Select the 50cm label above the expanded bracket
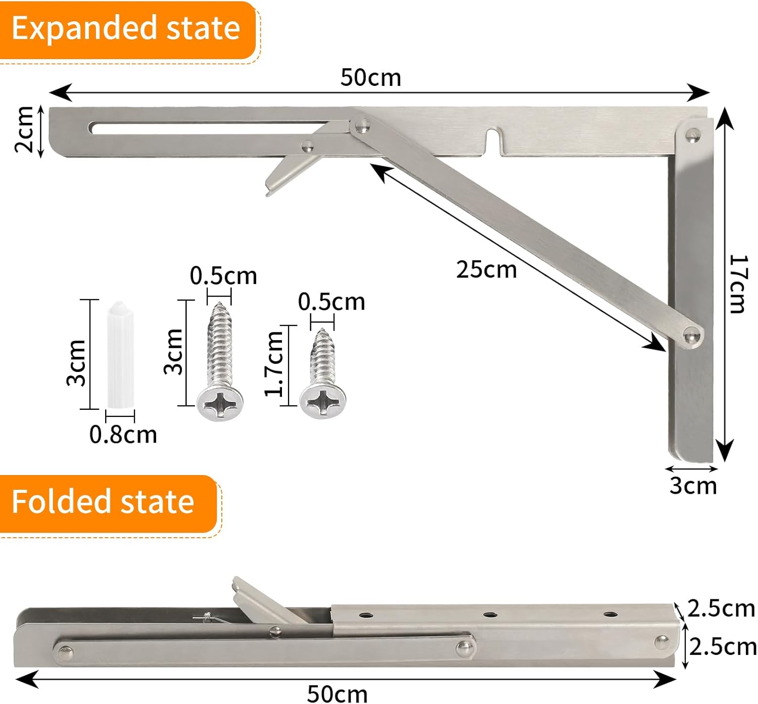(x=370, y=78)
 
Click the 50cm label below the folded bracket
(x=337, y=693)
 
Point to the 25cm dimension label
(x=486, y=269)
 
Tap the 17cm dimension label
(x=738, y=284)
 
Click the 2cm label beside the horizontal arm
(x=24, y=129)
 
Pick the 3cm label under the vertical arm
(x=693, y=485)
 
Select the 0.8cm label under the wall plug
(x=123, y=435)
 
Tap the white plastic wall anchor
(x=120, y=354)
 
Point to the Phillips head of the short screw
(x=322, y=403)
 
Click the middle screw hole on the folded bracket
(x=489, y=615)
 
